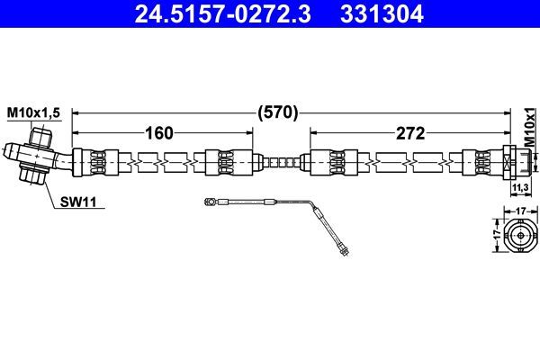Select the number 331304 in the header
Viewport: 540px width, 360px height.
(x=378, y=14)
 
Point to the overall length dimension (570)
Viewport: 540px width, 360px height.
(x=277, y=113)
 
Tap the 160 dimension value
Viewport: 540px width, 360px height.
(x=158, y=134)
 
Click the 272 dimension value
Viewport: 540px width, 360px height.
(x=410, y=134)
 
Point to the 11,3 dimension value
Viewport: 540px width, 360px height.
(x=519, y=187)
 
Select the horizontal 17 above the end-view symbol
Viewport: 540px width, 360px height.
(x=519, y=211)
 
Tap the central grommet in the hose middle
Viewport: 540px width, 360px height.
(x=283, y=163)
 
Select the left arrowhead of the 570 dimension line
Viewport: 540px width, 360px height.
(x=76, y=113)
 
